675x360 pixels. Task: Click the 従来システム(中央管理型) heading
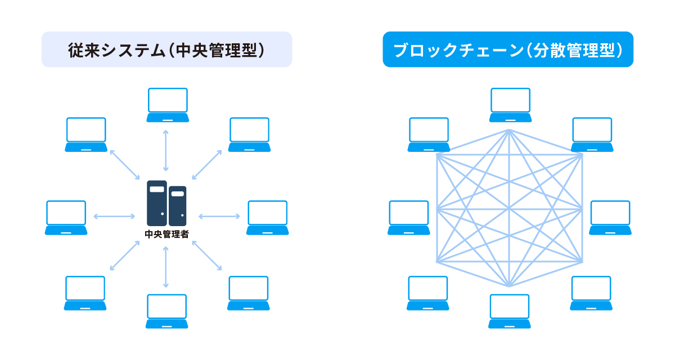coord(166,49)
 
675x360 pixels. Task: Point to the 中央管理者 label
coord(166,234)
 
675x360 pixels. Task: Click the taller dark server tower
coord(157,202)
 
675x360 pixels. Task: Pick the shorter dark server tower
coord(178,206)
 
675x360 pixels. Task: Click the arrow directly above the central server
coord(165,150)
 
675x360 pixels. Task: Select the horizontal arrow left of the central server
coord(114,216)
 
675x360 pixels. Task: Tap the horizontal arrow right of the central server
coord(219,216)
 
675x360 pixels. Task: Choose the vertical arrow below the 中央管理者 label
coord(165,267)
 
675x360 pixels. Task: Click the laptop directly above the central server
coord(168,105)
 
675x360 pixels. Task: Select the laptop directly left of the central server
coord(66,217)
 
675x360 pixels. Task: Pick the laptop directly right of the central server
coord(267,217)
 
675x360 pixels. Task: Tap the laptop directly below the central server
coord(167,311)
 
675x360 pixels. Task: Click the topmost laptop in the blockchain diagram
coord(510,105)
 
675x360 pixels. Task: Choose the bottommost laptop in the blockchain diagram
coord(509,311)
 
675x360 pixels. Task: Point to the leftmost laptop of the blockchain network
coord(409,217)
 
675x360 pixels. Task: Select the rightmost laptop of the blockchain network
coord(610,217)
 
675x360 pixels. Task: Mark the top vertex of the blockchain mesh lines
coord(509,130)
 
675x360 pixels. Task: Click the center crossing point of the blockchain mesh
coord(509,208)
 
